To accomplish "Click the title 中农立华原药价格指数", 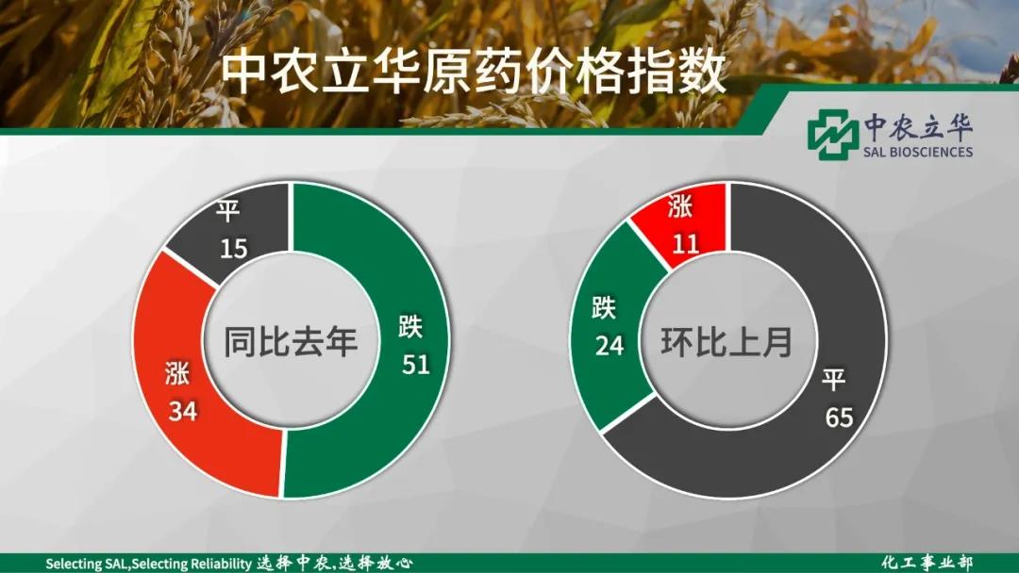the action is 473,74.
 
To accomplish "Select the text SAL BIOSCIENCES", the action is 918,151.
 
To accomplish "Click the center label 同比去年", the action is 291,341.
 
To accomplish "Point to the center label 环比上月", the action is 727,342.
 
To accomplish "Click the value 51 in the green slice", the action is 416,364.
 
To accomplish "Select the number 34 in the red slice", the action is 183,411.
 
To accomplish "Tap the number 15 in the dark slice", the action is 233,248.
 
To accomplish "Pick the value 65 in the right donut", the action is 839,417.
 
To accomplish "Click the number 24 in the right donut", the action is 610,345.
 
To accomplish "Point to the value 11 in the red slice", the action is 685,243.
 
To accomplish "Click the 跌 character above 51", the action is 410,326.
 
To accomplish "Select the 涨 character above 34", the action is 176,374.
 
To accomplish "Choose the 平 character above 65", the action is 834,380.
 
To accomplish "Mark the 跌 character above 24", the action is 604,307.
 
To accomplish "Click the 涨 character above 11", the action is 680,207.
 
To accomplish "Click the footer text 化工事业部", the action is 927,563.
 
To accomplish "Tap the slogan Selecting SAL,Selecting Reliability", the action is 148,564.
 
